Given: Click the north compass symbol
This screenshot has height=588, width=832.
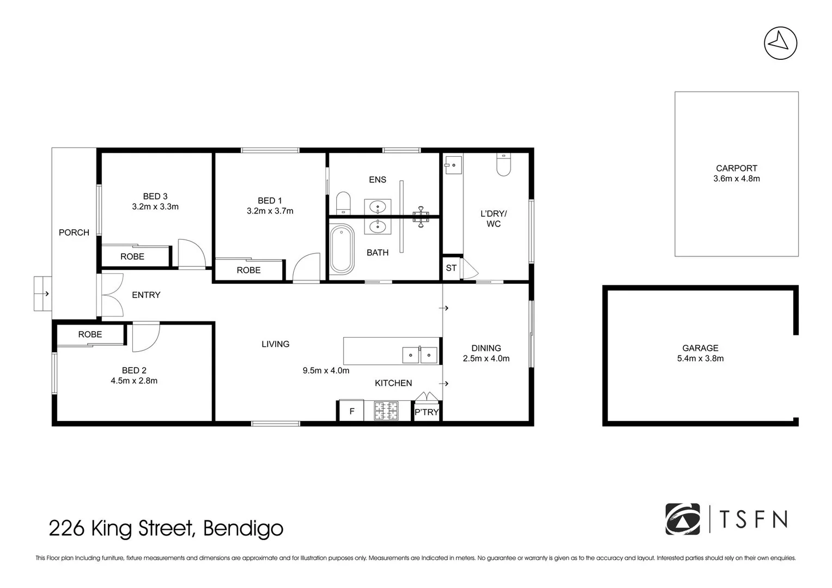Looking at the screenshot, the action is click(x=780, y=43).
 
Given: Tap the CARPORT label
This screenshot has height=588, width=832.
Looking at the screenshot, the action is click(x=737, y=168).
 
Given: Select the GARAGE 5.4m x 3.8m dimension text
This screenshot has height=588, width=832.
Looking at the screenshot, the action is click(x=700, y=359).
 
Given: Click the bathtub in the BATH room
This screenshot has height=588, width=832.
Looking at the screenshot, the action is click(x=342, y=249).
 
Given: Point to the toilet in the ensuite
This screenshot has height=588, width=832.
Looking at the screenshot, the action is click(x=343, y=203).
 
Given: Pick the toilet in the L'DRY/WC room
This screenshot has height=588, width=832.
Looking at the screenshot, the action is click(x=503, y=164).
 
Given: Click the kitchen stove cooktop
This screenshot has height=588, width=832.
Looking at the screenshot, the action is click(x=386, y=411).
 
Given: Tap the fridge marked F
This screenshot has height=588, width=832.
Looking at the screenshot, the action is click(x=352, y=411).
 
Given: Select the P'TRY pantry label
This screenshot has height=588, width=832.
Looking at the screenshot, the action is click(x=427, y=412).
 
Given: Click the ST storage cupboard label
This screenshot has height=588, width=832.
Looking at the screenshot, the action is click(x=451, y=268).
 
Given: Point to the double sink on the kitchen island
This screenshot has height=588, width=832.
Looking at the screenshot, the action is click(x=420, y=355).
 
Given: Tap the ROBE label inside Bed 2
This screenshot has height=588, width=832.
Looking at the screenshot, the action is click(x=90, y=334).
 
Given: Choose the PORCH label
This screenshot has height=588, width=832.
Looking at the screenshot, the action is click(x=74, y=232).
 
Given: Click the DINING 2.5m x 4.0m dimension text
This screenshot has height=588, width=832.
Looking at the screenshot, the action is click(x=486, y=359).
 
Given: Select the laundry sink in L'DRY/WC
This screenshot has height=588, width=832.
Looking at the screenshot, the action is click(x=453, y=165).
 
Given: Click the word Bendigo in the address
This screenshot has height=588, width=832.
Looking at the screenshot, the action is click(x=243, y=528).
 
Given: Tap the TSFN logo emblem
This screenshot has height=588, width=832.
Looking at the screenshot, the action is click(x=682, y=519).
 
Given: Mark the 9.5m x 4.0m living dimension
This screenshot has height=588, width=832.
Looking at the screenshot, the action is click(x=326, y=370).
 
